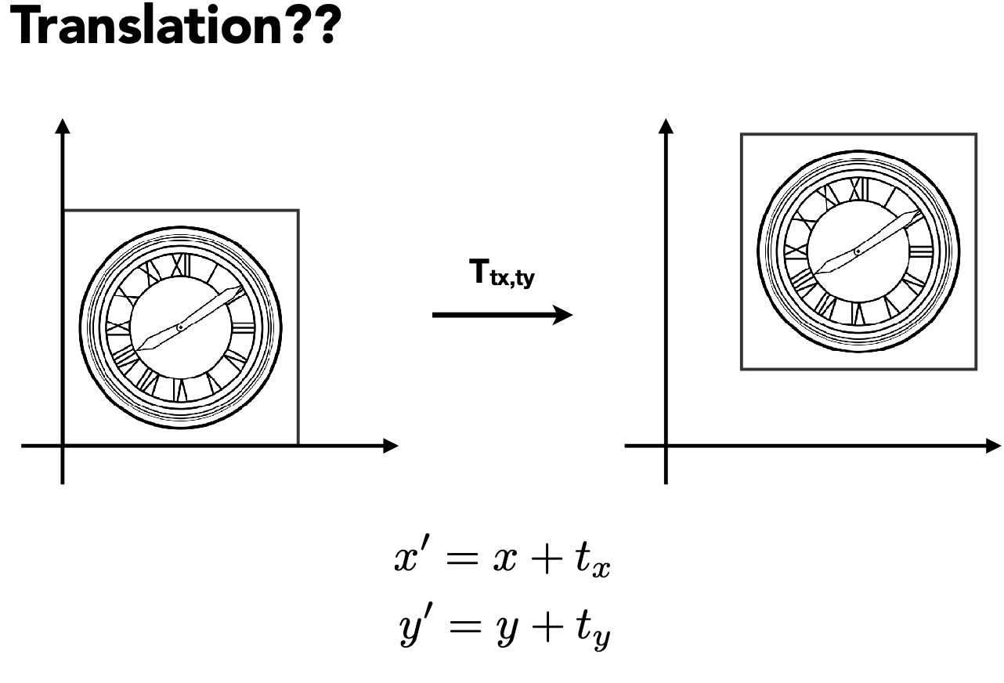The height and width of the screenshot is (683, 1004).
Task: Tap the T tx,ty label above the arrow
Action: click(x=501, y=276)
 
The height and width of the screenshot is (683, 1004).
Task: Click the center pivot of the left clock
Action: click(x=180, y=327)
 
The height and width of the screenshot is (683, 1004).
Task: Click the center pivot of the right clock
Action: click(x=858, y=251)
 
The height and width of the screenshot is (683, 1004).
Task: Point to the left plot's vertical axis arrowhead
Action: click(x=63, y=125)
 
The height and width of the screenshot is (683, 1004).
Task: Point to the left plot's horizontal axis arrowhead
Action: click(x=391, y=446)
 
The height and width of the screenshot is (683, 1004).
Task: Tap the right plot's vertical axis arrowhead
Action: click(x=666, y=125)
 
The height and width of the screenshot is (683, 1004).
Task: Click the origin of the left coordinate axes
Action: click(x=63, y=446)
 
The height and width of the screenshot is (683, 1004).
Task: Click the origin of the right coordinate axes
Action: click(x=666, y=446)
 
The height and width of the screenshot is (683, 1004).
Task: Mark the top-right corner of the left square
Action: click(x=298, y=210)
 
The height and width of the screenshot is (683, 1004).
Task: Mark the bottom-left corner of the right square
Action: click(x=742, y=369)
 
